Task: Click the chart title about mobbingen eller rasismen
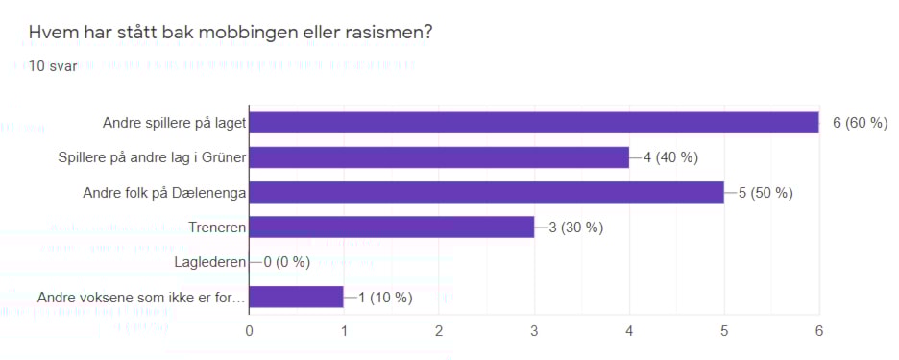(x=231, y=32)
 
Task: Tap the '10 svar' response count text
(x=53, y=66)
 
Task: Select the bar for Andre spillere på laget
(x=533, y=123)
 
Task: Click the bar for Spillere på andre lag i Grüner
(x=439, y=157)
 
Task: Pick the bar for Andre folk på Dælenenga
(x=486, y=192)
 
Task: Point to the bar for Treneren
(x=391, y=228)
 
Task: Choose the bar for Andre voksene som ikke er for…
(x=296, y=297)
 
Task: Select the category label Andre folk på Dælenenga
(x=165, y=192)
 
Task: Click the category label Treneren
(x=215, y=228)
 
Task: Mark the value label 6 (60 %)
(x=860, y=123)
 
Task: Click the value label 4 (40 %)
(x=670, y=157)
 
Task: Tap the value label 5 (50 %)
(x=765, y=192)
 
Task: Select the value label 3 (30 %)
(x=575, y=228)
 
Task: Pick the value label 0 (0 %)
(x=290, y=262)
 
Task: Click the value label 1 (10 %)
(x=385, y=297)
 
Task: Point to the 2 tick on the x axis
(x=439, y=331)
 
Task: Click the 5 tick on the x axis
(x=723, y=331)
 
